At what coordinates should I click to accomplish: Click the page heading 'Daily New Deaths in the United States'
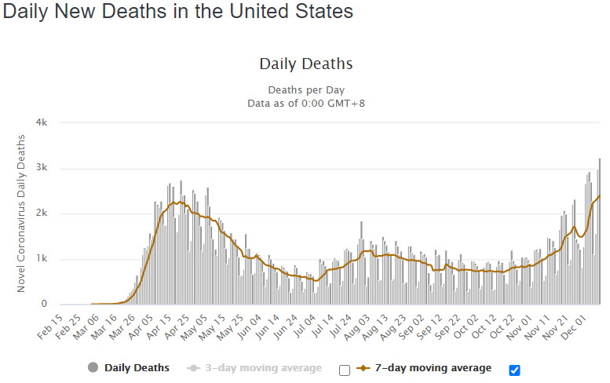177,12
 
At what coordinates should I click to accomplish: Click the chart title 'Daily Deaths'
306,64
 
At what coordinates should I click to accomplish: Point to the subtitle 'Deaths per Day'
306,89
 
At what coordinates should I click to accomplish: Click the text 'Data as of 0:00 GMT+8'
306,103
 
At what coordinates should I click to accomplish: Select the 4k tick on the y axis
42,123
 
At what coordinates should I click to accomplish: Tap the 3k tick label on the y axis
42,169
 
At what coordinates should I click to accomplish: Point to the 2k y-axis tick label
42,213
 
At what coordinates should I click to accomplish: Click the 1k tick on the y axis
42,259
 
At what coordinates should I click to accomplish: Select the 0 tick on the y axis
44,304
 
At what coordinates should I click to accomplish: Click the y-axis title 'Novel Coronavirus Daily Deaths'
22,213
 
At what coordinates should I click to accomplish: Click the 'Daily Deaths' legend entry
129,368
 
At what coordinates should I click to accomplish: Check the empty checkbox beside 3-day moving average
344,370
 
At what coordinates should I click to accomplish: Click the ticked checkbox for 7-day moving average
515,370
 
